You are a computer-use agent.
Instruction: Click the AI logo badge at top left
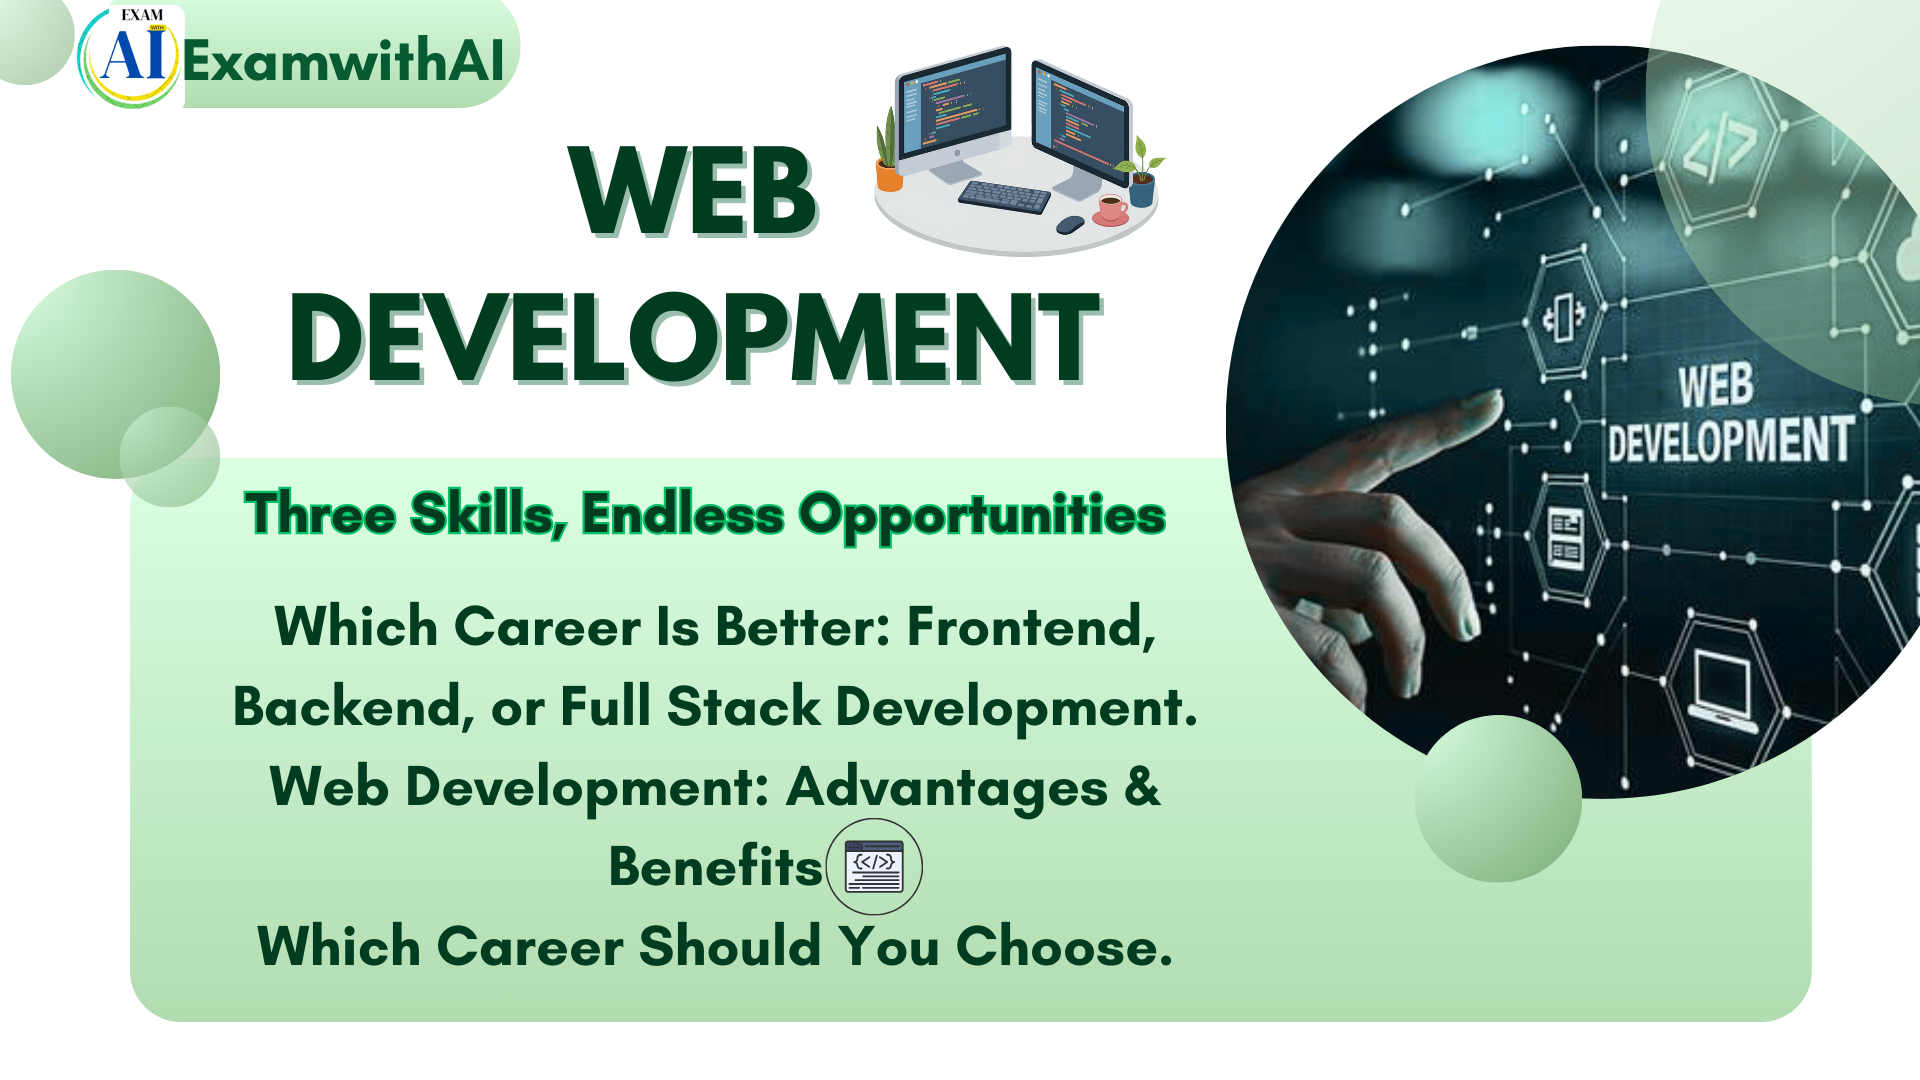pos(130,57)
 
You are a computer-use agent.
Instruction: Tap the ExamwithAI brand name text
pos(343,60)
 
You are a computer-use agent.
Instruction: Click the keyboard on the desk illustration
pos(1004,195)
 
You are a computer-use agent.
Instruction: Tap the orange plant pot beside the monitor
pos(888,176)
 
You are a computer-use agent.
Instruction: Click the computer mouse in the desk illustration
pos(1070,224)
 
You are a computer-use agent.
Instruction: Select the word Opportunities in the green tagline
pos(981,515)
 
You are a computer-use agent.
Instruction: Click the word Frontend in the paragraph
pos(1030,627)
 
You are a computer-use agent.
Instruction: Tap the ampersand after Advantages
pos(1142,786)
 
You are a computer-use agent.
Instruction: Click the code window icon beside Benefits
pos(874,866)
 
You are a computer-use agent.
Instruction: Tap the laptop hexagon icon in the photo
pos(1723,688)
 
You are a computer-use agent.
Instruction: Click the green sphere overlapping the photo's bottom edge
pos(1497,798)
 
